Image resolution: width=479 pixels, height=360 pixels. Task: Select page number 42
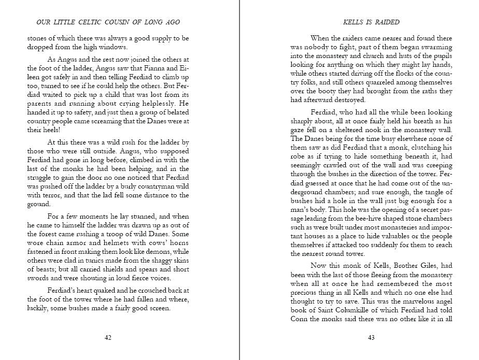[108, 337]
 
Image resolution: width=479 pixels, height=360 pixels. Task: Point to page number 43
[371, 337]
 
